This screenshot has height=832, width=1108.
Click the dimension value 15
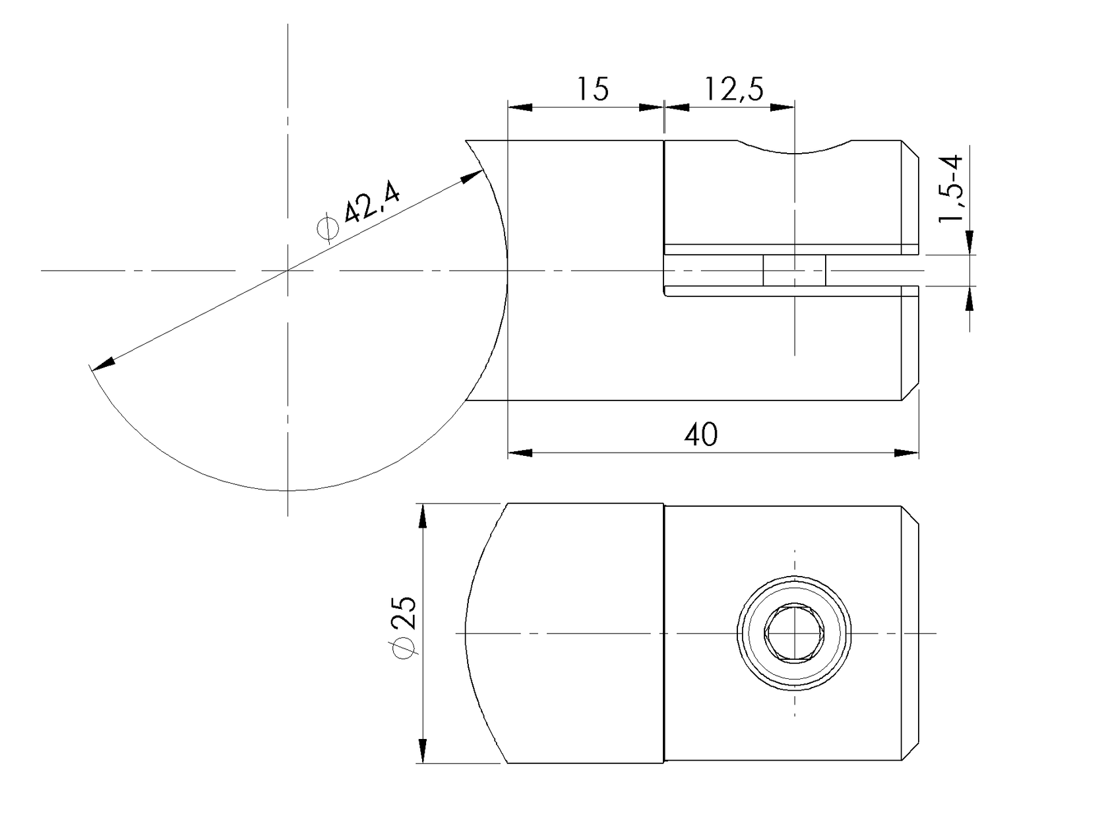(593, 88)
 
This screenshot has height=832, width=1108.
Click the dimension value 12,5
(734, 88)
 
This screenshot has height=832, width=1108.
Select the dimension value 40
(701, 435)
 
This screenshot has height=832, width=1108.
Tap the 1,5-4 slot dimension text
(952, 189)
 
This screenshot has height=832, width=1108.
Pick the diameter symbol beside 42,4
(328, 228)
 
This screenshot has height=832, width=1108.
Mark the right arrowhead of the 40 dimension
(906, 453)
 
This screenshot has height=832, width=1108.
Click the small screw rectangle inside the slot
(794, 271)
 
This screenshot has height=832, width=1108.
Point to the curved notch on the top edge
(795, 149)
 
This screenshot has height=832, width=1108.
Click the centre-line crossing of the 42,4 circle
(288, 270)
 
